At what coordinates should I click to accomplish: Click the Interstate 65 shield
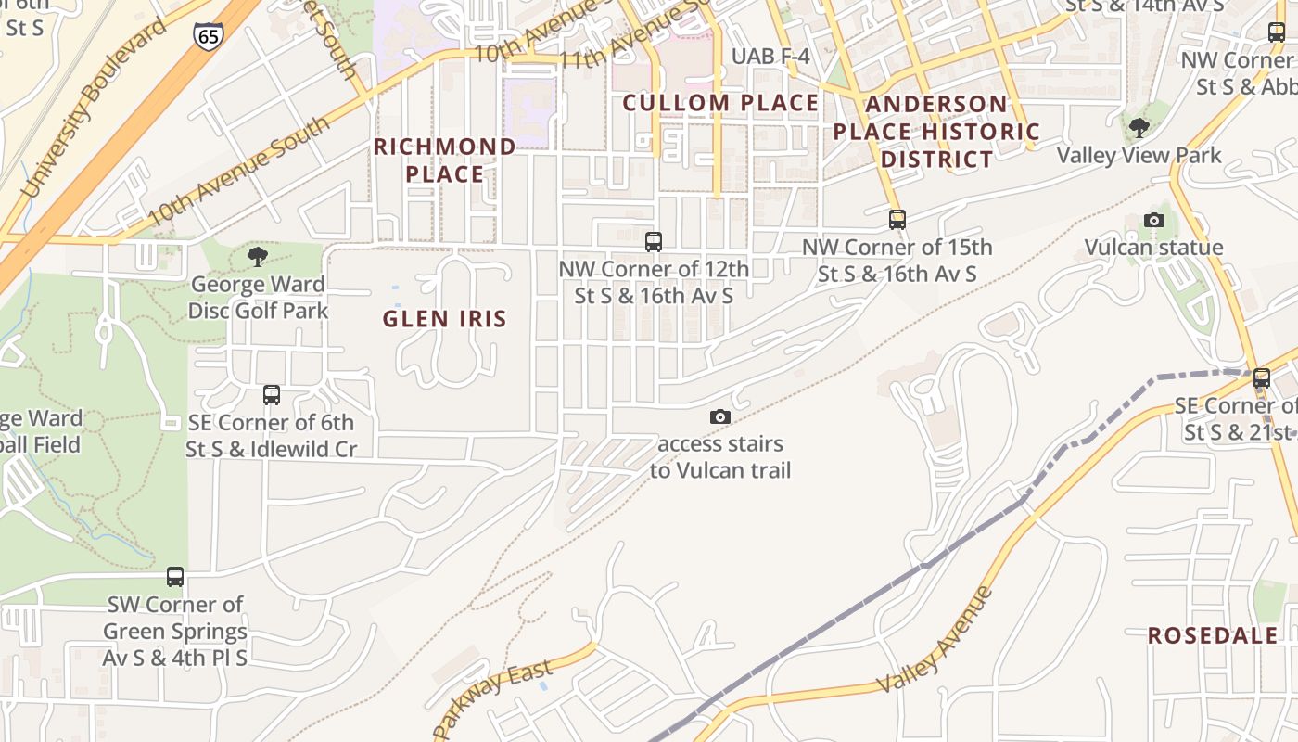[208, 35]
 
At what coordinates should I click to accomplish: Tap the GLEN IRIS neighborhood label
[445, 319]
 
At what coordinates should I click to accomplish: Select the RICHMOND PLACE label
[445, 160]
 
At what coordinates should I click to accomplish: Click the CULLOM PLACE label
[720, 103]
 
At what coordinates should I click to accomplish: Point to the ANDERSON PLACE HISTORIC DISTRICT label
[936, 131]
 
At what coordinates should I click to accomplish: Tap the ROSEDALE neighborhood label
[1213, 635]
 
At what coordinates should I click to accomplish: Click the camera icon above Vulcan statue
[1154, 220]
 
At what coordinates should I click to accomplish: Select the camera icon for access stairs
[719, 417]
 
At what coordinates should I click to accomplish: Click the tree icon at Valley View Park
[1139, 128]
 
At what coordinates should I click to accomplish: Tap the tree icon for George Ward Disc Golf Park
[258, 256]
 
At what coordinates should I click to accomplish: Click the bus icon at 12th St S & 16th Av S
[654, 242]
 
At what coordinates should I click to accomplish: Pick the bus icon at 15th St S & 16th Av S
[897, 220]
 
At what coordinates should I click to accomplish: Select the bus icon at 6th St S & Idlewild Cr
[271, 395]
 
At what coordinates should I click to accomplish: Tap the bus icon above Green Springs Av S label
[175, 577]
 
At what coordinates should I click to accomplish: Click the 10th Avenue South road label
[237, 172]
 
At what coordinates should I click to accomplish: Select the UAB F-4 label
[770, 57]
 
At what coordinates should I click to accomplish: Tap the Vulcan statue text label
[1153, 248]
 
